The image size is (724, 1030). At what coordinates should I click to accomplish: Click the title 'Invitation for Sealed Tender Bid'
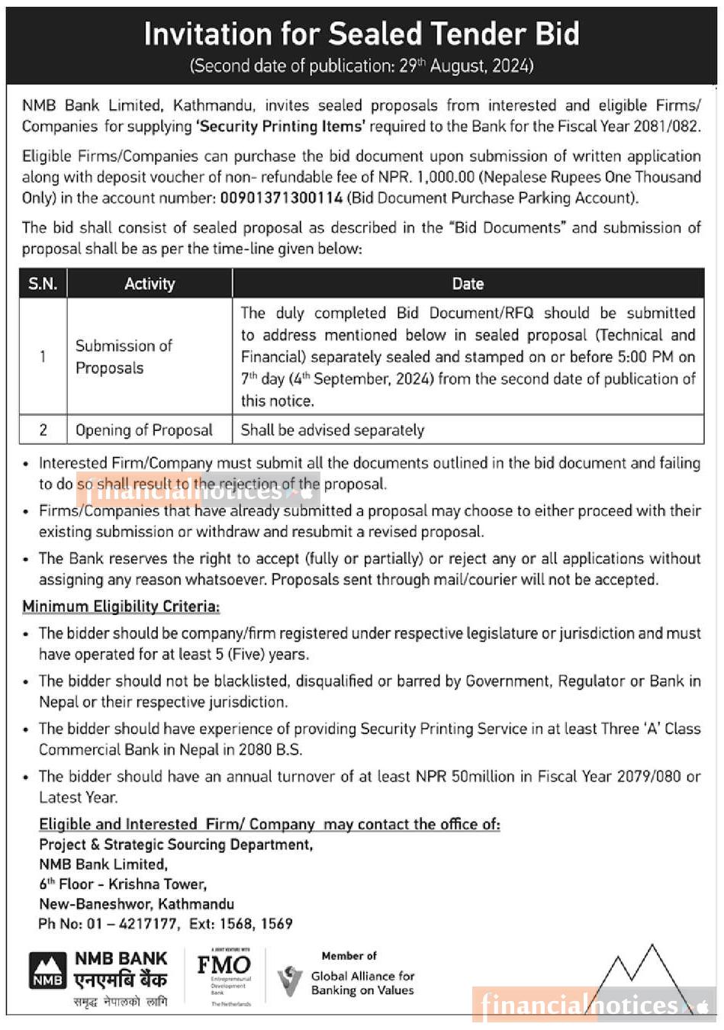tap(362, 34)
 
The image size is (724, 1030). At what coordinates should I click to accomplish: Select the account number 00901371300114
tap(281, 198)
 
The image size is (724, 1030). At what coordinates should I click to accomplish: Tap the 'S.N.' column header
tap(43, 284)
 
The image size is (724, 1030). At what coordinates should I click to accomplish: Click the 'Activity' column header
tap(150, 284)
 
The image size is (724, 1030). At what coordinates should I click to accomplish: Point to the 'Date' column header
tap(468, 284)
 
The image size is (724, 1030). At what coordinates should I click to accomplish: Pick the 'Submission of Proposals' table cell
tap(124, 356)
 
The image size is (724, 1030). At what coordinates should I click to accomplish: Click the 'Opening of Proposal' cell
tap(143, 430)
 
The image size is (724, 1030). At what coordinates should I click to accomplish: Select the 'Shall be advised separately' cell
tap(332, 430)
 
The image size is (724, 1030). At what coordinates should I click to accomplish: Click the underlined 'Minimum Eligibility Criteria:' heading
tap(121, 607)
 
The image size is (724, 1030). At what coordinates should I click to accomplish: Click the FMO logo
tap(224, 966)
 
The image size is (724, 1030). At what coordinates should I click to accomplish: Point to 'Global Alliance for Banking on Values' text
tap(362, 983)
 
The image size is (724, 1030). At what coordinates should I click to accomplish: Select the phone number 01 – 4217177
tap(133, 924)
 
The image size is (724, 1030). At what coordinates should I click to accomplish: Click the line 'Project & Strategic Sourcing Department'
tap(175, 845)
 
